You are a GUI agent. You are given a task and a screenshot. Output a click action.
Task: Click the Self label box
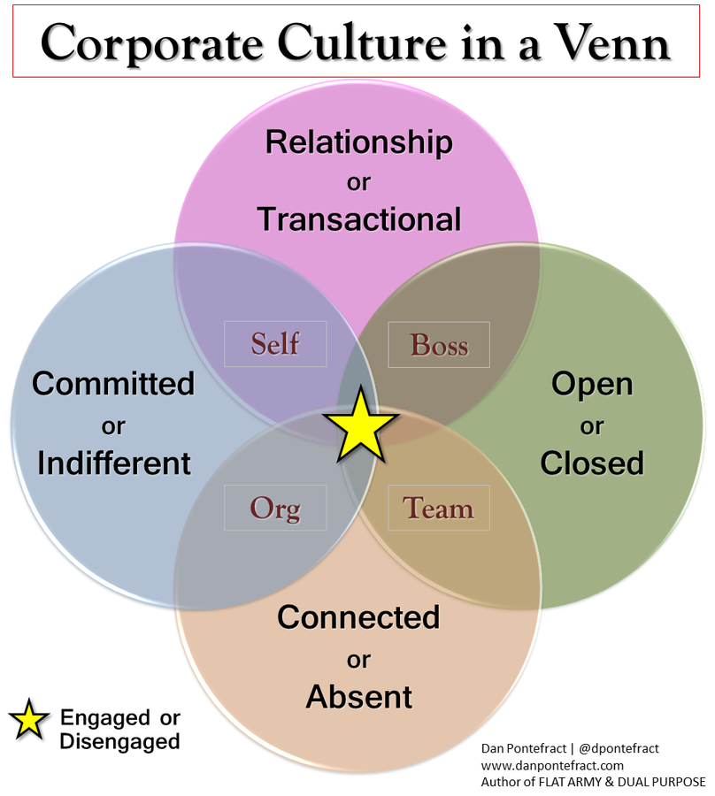275,343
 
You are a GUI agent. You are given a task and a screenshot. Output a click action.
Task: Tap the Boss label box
439,344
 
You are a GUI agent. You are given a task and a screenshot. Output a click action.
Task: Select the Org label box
275,509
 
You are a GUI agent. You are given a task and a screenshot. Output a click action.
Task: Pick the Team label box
438,509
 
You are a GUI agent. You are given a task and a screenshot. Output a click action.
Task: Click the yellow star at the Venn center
358,425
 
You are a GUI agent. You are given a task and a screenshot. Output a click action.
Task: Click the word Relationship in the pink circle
358,142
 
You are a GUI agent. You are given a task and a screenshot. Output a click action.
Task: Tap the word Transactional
359,218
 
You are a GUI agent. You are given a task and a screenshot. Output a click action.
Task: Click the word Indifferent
114,463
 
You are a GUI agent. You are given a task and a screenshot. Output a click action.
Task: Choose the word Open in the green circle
592,384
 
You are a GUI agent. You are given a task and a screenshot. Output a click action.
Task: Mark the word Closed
592,463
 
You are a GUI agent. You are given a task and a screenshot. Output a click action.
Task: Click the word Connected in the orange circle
358,616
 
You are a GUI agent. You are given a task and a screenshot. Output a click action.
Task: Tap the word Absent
359,697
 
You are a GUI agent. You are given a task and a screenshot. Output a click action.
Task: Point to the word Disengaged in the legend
119,741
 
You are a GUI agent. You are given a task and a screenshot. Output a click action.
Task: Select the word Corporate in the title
140,42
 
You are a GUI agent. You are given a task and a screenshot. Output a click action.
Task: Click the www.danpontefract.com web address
552,765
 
